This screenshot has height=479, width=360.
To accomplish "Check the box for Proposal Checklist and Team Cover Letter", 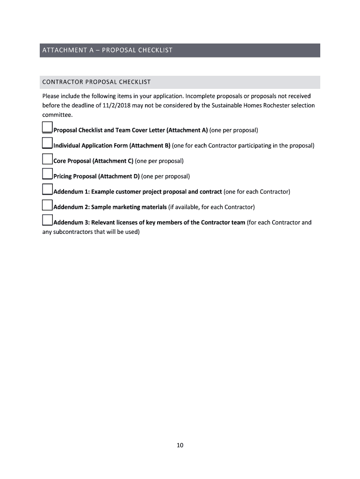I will click(47, 127).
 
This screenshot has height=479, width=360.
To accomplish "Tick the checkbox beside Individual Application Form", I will click(47, 143).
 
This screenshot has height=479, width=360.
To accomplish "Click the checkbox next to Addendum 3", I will click(47, 220).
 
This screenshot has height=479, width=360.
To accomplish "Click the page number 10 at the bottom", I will click(180, 445).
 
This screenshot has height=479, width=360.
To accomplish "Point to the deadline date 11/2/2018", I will click(116, 105).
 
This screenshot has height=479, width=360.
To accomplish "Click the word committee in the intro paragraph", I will click(57, 115).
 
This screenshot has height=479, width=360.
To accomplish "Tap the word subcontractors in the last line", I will click(67, 232).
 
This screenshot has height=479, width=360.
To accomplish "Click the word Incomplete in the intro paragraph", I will click(202, 96).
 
